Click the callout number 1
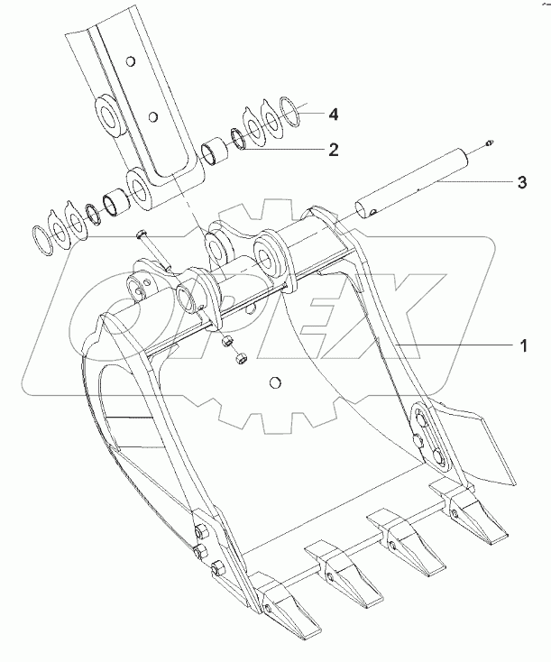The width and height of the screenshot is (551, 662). point(523,346)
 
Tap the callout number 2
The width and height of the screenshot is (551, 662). point(334,150)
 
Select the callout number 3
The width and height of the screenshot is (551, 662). point(522,182)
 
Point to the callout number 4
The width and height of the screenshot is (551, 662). point(334,114)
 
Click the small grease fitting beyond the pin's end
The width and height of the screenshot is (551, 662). point(490,143)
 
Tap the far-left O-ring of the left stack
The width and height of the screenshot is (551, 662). point(42,241)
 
